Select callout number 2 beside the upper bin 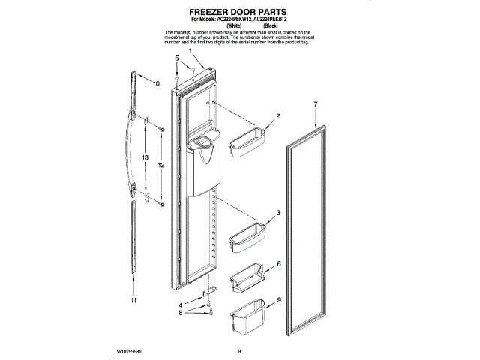click(x=277, y=116)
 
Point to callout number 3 click(x=277, y=214)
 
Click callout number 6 click(x=278, y=265)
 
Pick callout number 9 click(x=278, y=300)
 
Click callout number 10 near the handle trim click(x=156, y=83)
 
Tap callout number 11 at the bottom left click(x=134, y=301)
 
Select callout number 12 click(x=161, y=165)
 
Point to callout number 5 click(x=177, y=58)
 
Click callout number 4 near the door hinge click(x=180, y=304)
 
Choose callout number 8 click(x=180, y=315)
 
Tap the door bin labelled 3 click(x=246, y=238)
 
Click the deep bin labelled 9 click(x=247, y=318)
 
